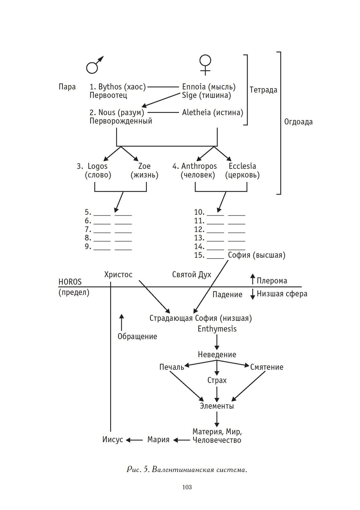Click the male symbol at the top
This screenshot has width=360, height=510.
(94, 65)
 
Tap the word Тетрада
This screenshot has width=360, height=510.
(263, 90)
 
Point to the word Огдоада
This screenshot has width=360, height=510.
(298, 122)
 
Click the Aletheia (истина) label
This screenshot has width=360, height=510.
(212, 113)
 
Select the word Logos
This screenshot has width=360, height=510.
(98, 166)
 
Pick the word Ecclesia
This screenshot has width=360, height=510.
(242, 166)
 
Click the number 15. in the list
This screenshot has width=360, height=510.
(199, 255)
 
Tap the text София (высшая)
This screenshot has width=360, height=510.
(256, 255)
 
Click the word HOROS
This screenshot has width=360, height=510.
(70, 282)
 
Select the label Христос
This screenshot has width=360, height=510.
(118, 275)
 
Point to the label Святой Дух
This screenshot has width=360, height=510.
(192, 275)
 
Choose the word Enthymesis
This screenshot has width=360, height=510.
(217, 329)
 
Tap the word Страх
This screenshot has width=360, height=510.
(217, 380)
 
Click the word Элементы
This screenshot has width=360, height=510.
(217, 406)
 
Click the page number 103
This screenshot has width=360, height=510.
(187, 487)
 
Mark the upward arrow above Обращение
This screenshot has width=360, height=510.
(122, 322)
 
